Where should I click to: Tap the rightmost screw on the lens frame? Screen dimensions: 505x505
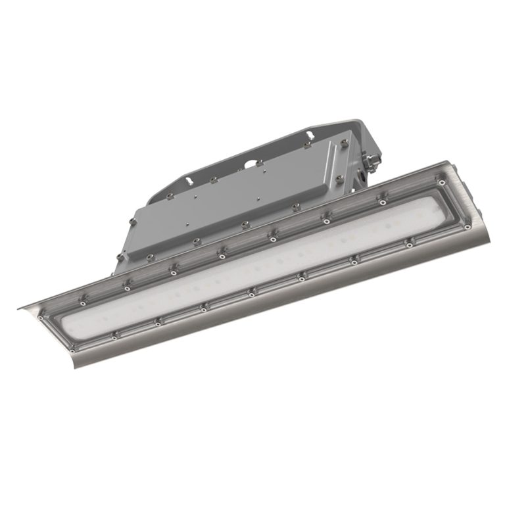click(x=468, y=226)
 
